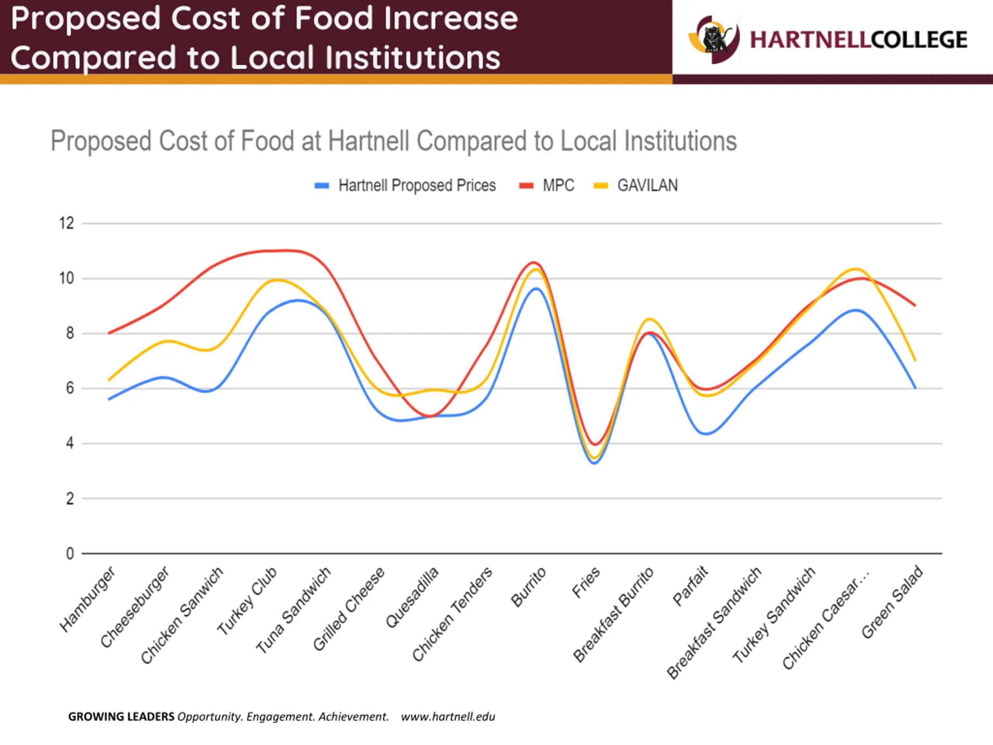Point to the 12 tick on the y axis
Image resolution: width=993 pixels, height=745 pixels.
(67, 223)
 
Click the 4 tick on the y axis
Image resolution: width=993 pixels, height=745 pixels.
(69, 443)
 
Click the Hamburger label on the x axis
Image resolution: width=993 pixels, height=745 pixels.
(88, 599)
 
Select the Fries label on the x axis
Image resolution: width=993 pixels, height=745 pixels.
(586, 582)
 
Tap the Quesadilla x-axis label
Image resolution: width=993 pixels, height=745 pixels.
(412, 597)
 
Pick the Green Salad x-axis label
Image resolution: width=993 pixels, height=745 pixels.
(893, 602)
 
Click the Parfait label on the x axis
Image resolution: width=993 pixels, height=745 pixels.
(690, 586)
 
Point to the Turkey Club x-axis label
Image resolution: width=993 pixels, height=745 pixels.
(247, 601)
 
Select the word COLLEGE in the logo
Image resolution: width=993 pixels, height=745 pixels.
(919, 40)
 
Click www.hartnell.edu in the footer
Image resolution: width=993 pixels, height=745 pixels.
(448, 716)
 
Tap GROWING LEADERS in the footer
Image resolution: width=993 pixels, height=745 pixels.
(121, 716)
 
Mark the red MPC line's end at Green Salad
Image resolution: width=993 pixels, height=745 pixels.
(915, 305)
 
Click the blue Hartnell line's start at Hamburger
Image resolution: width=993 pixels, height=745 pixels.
(109, 399)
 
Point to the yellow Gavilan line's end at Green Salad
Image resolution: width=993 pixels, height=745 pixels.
(915, 360)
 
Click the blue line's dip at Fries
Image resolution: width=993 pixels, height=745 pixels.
(595, 463)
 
